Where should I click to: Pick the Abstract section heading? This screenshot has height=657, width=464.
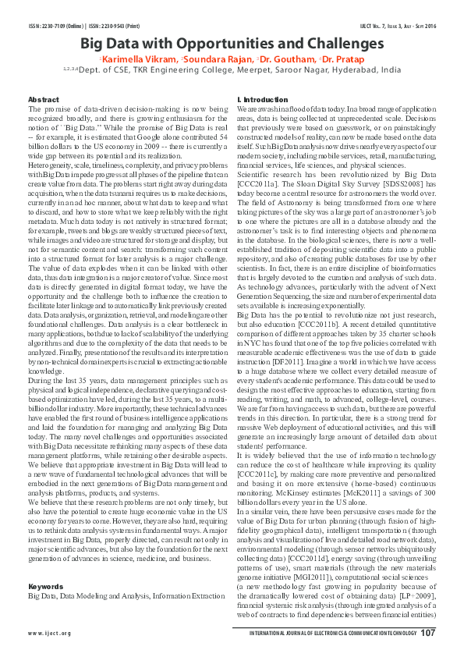[43, 101]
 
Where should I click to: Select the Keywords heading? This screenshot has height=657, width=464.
[45, 584]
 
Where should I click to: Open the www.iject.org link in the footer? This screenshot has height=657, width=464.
[49, 634]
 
